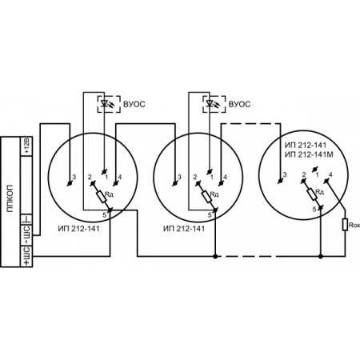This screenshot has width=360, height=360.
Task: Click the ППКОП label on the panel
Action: (x=10, y=198)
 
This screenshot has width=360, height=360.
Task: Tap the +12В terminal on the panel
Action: (x=26, y=146)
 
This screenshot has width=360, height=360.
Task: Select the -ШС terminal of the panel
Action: (x=26, y=235)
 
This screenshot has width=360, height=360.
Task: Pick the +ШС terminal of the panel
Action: (x=26, y=256)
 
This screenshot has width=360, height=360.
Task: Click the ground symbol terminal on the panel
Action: (x=26, y=219)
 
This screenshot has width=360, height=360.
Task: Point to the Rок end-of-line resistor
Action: (x=345, y=225)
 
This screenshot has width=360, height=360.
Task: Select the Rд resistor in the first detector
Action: (x=102, y=196)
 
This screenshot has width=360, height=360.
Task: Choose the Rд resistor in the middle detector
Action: (x=207, y=196)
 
